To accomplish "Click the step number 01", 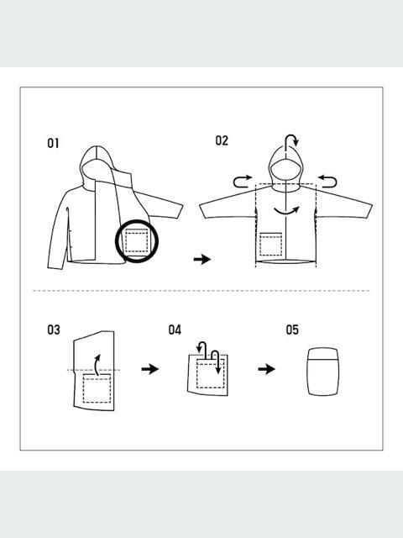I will click(x=53, y=143).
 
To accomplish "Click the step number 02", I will click(x=222, y=140).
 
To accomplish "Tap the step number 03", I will click(x=53, y=330).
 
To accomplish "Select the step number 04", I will click(x=175, y=330).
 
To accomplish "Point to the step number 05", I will click(x=292, y=330).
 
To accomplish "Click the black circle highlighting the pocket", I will click(x=138, y=241).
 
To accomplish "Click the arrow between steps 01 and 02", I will click(x=201, y=260).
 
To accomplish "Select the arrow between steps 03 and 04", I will click(x=149, y=369).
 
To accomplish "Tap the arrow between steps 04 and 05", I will click(x=266, y=369).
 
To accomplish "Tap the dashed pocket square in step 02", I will click(x=270, y=245).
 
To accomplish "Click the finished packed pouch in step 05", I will click(x=322, y=372).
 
